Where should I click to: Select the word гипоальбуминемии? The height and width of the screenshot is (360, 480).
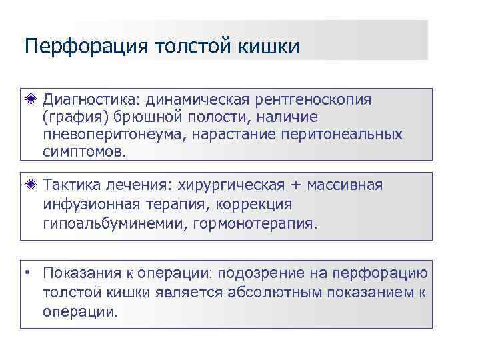click(114, 222)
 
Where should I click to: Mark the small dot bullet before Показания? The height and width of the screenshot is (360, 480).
click(29, 273)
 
